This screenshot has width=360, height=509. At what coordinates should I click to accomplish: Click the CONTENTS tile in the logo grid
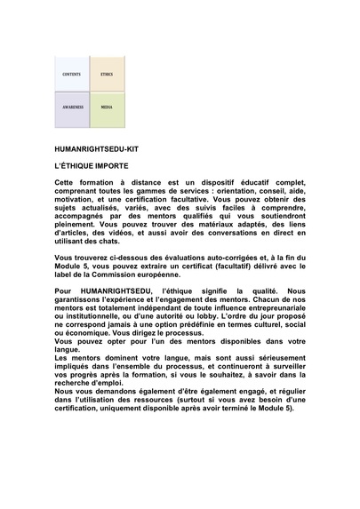tap(72, 74)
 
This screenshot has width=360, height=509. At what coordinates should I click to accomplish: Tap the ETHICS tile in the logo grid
tap(107, 74)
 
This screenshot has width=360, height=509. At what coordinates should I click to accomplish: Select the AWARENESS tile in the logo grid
tap(72, 108)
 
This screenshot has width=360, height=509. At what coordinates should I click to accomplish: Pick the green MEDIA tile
tap(107, 108)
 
